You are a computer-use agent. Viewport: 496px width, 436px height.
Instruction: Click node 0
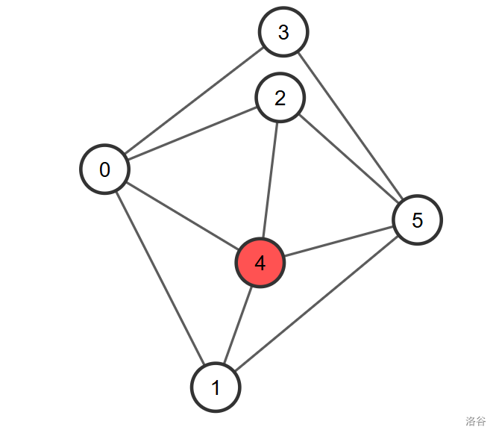coord(104,169)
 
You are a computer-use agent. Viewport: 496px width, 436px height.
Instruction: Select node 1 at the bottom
coord(216,387)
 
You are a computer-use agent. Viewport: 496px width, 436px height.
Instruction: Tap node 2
coord(280,98)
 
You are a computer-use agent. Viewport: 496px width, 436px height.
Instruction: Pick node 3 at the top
coord(283,32)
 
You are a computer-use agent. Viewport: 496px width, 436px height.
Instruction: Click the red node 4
coord(260,263)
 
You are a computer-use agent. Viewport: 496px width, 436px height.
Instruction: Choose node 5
coord(417,219)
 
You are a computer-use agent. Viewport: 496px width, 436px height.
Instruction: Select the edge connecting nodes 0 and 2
coord(192,134)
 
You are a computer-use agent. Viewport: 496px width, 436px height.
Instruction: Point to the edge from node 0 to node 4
coord(183,217)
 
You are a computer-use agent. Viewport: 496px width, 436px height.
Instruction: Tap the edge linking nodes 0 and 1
coord(160,278)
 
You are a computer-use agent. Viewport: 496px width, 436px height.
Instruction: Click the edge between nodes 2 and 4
coord(270,181)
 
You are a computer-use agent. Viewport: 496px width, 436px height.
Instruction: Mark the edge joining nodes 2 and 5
coord(348,158)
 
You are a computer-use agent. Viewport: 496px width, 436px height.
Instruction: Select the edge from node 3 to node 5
coord(351,126)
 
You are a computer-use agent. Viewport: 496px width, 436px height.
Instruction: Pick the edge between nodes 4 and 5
coord(339,241)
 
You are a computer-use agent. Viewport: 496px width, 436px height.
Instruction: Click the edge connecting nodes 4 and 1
coord(238,326)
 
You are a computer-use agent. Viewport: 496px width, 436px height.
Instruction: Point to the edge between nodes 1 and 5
coord(316,304)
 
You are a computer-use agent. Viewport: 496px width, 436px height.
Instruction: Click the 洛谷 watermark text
coord(475,421)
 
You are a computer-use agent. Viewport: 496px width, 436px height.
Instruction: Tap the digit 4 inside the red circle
coord(260,263)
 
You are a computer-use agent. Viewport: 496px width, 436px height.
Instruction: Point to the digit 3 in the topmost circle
coord(283,32)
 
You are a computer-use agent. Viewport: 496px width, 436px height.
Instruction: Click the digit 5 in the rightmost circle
coord(417,219)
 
